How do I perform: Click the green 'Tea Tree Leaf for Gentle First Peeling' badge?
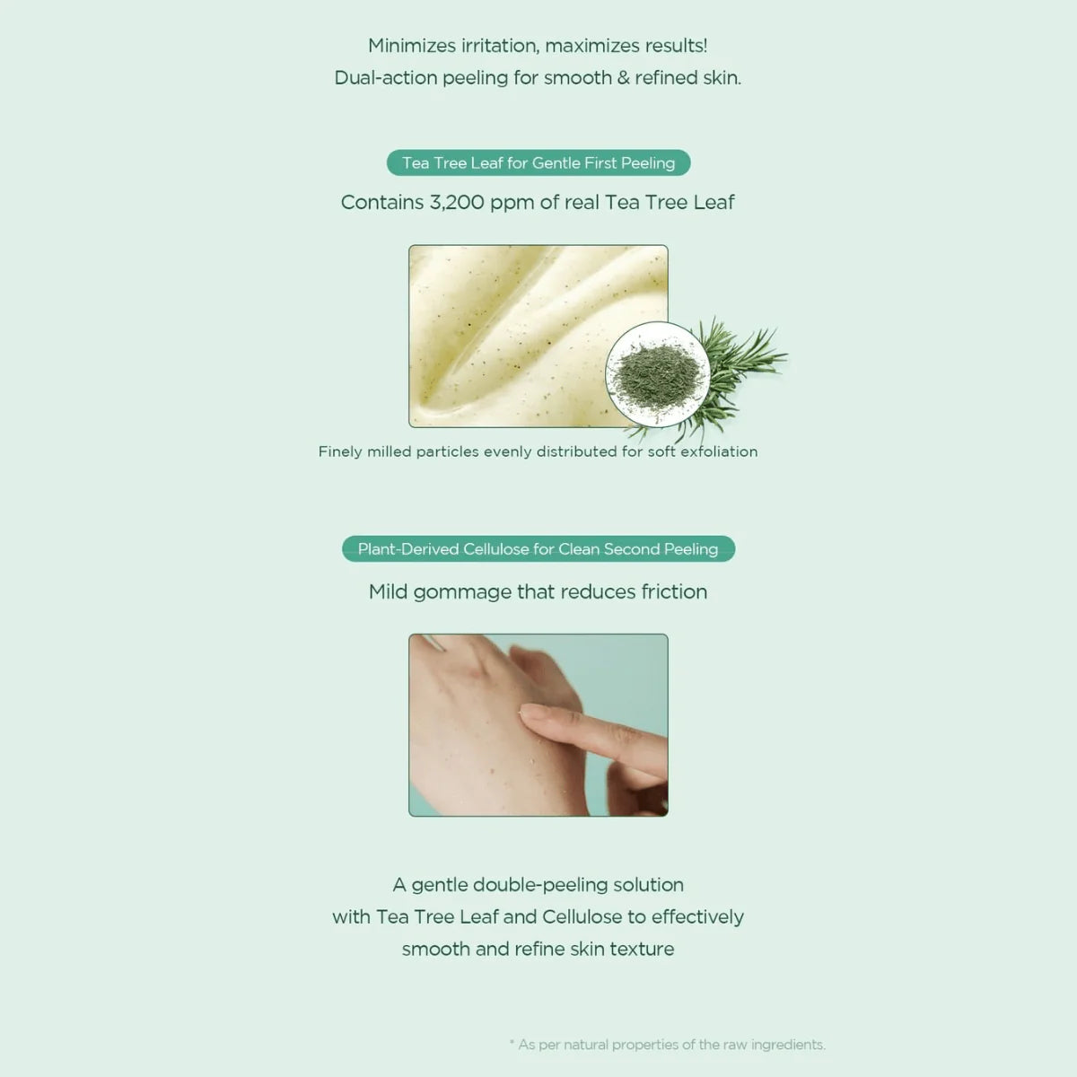(x=538, y=162)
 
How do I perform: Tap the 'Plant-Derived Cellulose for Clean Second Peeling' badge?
(x=538, y=549)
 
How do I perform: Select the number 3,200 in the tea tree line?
(x=457, y=202)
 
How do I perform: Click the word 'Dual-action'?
(x=386, y=78)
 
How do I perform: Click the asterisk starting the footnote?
(x=512, y=1042)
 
